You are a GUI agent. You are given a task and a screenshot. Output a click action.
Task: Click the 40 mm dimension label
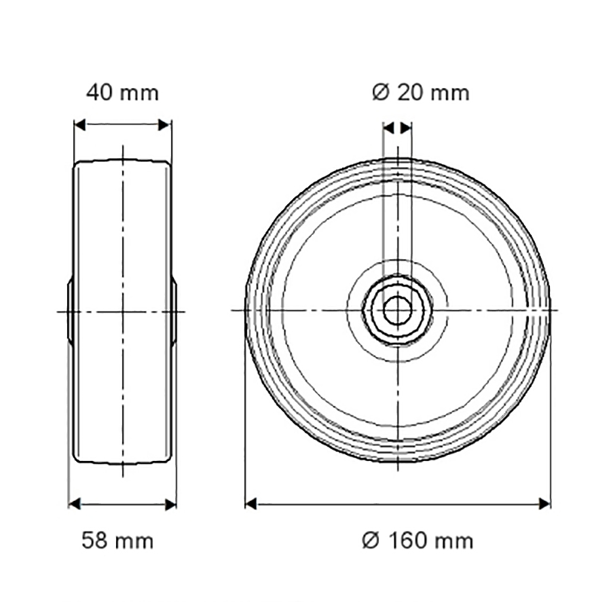[122, 93]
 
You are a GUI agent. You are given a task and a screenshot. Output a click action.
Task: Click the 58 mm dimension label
[117, 541]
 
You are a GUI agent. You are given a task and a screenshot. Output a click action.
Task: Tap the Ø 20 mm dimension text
[421, 93]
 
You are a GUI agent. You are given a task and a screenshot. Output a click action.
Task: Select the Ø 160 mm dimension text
[418, 541]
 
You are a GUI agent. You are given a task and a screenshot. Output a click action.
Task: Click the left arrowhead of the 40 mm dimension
[80, 125]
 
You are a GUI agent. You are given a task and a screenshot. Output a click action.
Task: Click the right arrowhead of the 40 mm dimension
[164, 125]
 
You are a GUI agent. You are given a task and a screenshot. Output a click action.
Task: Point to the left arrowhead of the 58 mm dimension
[75, 504]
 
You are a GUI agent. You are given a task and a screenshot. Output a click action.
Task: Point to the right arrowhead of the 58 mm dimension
[170, 504]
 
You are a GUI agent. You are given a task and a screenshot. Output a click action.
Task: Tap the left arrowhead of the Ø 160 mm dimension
[251, 504]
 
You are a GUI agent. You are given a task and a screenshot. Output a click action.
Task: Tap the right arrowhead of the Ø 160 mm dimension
[544, 504]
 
